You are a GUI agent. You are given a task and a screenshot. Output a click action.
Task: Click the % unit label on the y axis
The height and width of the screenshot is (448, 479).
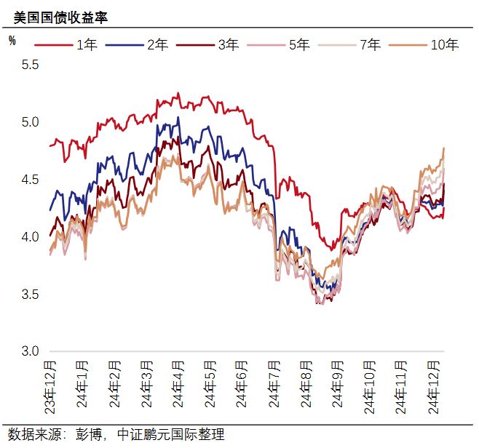pyautogui.click(x=12, y=41)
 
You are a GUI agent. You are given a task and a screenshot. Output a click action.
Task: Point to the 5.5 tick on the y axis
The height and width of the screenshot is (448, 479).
pyautogui.click(x=30, y=65)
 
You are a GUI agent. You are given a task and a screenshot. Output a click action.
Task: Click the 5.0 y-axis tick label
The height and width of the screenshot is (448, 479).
pyautogui.click(x=30, y=122)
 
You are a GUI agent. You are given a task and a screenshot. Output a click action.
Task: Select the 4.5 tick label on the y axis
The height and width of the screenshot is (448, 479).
pyautogui.click(x=30, y=180)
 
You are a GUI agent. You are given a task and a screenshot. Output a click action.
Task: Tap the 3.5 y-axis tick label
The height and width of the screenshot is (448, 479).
pyautogui.click(x=30, y=295)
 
